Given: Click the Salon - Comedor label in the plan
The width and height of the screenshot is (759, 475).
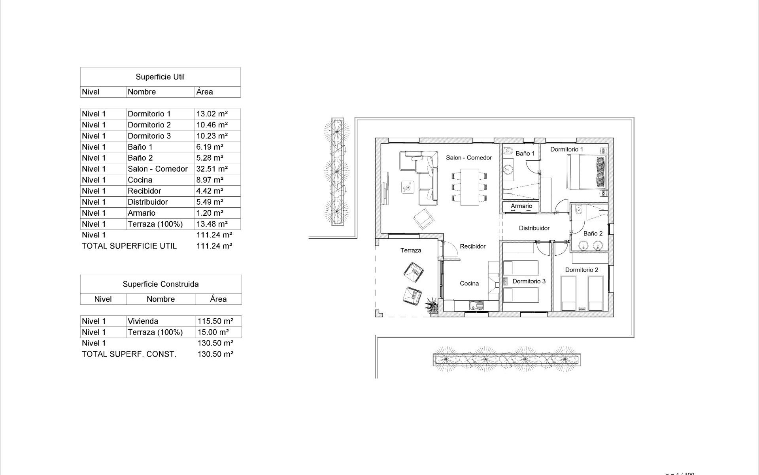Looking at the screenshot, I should (x=468, y=158).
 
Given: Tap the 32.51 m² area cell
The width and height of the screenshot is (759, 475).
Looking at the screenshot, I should (x=212, y=169).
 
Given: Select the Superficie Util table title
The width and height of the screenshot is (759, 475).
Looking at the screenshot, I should (x=160, y=77).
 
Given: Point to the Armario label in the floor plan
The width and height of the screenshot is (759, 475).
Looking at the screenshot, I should (x=521, y=206).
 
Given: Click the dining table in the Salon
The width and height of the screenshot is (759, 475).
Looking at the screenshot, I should (x=469, y=187).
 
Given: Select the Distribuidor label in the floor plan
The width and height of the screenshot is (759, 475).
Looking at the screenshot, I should (x=534, y=228).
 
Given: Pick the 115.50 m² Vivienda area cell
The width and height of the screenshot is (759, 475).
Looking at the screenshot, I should (x=215, y=321).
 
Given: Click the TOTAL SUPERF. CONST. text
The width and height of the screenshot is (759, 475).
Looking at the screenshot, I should (x=129, y=354).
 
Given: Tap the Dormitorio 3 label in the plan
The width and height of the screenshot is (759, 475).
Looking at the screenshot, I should (x=529, y=281).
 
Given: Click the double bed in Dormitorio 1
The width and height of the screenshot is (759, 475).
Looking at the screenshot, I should (x=587, y=172).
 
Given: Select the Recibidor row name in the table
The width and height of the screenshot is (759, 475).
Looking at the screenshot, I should (x=144, y=191).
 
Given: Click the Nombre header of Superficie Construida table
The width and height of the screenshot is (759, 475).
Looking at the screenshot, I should (x=160, y=299).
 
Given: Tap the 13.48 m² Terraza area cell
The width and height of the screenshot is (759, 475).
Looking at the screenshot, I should (x=212, y=224).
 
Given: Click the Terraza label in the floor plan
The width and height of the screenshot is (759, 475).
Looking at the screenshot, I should (x=410, y=250).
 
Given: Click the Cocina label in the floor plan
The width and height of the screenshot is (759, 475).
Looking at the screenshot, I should (x=469, y=283).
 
